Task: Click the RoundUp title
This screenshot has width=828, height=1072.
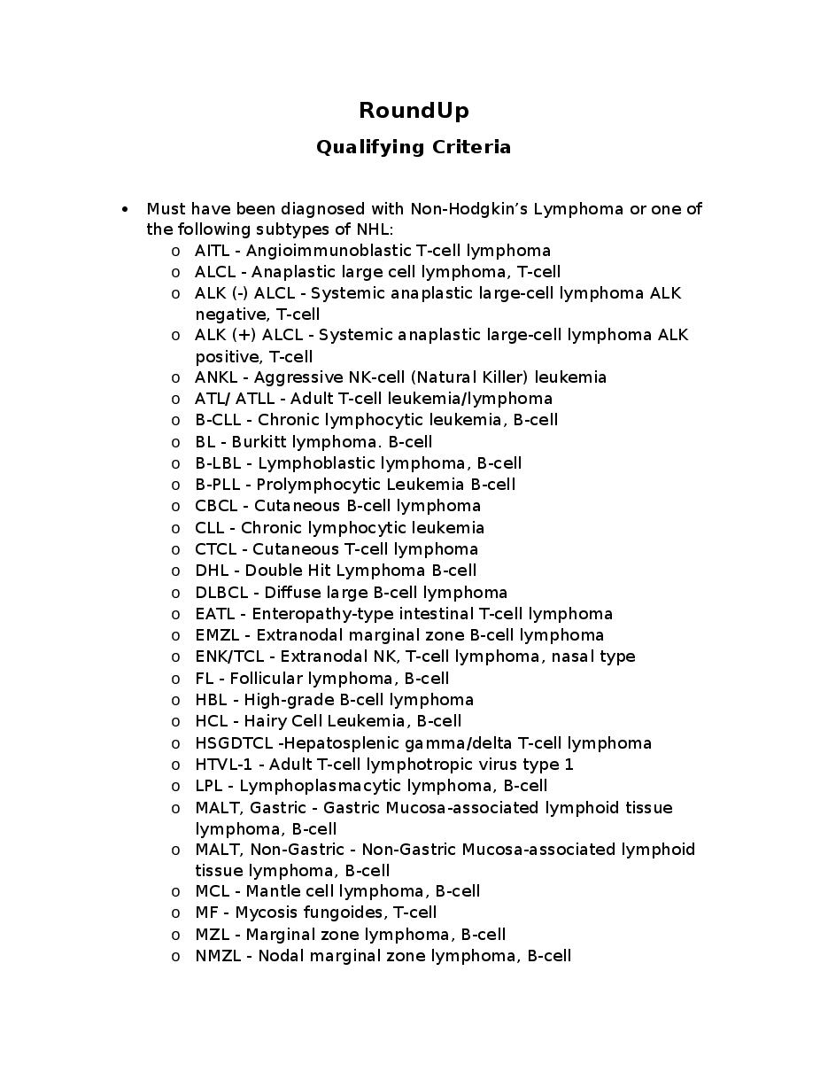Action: (414, 111)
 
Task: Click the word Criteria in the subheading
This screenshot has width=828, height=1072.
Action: (471, 147)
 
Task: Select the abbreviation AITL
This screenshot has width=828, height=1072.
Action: (213, 251)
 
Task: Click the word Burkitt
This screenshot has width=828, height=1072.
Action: (259, 442)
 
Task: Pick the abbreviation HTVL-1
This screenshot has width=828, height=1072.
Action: (224, 765)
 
